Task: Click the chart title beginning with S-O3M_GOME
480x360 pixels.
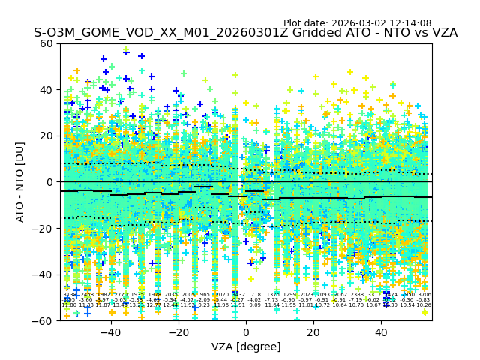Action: (245, 33)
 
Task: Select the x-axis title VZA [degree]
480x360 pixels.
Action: (246, 346)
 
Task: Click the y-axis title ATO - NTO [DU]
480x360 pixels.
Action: (21, 182)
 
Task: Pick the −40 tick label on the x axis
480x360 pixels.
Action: (109, 331)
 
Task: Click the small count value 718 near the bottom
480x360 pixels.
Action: (256, 295)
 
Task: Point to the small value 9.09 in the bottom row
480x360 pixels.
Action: (256, 305)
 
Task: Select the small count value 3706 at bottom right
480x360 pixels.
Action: (424, 295)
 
